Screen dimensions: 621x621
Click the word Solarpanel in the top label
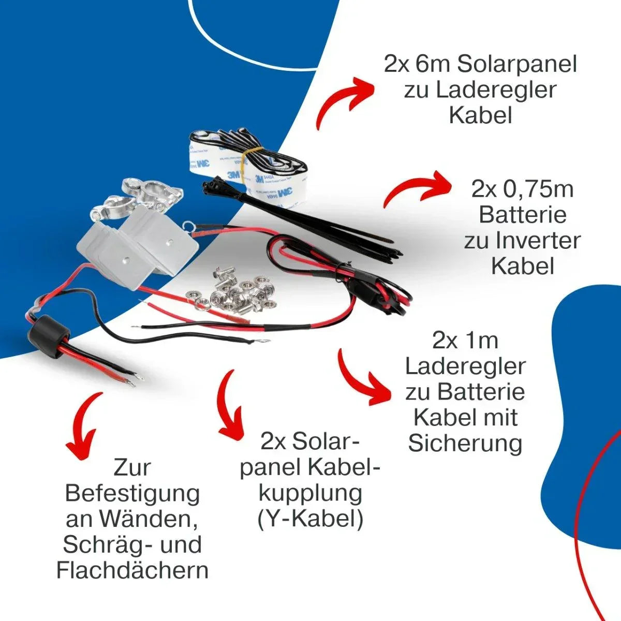click(x=517, y=64)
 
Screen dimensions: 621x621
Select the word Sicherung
click(x=465, y=444)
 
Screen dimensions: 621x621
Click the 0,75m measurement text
click(x=538, y=189)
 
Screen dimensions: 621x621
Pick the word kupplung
click(x=310, y=494)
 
